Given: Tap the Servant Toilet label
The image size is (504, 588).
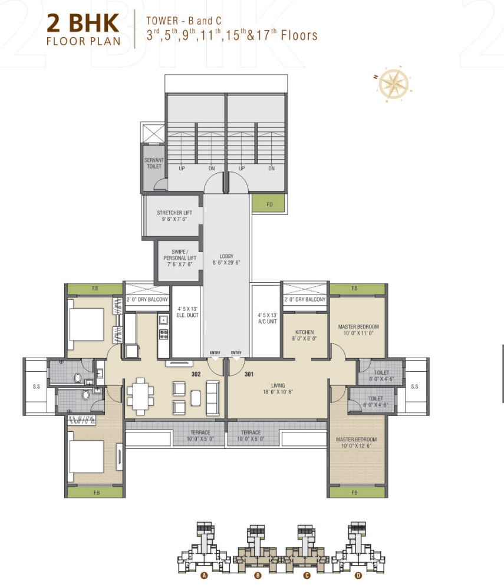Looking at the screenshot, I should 154,163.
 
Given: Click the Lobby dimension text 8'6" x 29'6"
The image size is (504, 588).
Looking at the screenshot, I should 227,263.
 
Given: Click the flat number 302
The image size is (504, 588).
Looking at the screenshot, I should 197,373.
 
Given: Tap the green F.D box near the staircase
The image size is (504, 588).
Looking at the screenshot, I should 269,204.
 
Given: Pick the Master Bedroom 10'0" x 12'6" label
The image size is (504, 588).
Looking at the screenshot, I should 356,442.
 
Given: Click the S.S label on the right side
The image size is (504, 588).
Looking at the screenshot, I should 414,387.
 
